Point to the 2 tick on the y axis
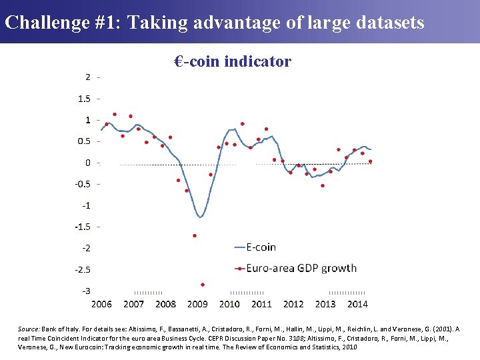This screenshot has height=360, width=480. coord(87,77)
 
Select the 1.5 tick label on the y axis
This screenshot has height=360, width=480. coord(84,99)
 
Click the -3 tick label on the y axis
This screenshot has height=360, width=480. coord(86,291)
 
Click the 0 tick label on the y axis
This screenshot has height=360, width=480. coord(87,163)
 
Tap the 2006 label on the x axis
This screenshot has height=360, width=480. coord(101,305)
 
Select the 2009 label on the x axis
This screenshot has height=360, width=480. coord(197,305)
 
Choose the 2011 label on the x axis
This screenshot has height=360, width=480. coord(261,305)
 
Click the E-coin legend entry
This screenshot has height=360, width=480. coord(261,247)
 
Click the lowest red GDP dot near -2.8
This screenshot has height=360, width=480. coord(203,285)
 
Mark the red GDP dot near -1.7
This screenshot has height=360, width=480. coord(195,235)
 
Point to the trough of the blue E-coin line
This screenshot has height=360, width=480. coord(200,217)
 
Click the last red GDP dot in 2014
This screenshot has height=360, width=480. coord(370,161)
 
